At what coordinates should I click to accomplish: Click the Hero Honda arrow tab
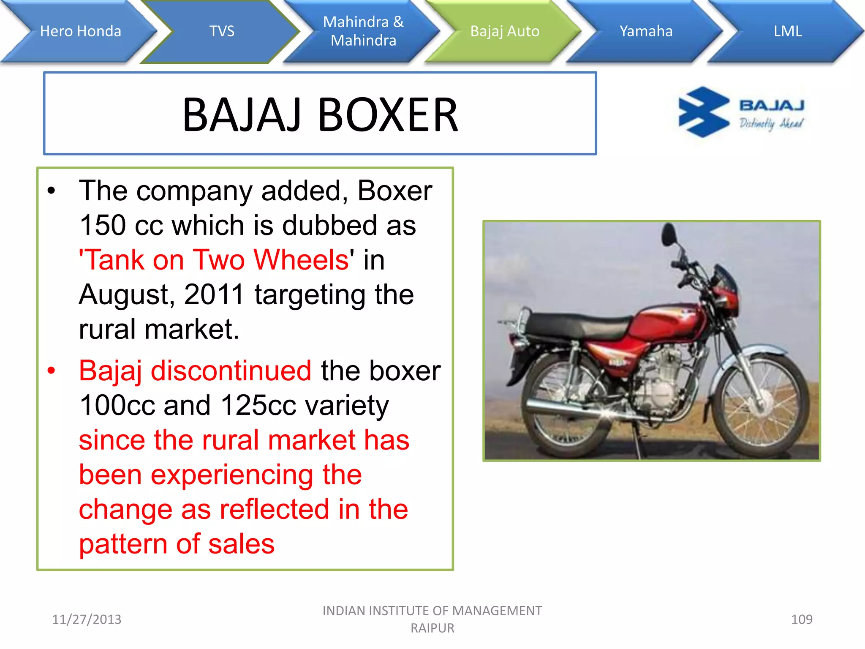tap(80, 31)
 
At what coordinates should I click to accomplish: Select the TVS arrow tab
tap(222, 31)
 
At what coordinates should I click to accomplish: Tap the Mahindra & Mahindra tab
tap(363, 31)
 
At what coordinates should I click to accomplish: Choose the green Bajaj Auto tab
tap(505, 31)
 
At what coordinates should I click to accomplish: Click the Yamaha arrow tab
tap(646, 31)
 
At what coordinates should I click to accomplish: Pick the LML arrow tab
tap(787, 31)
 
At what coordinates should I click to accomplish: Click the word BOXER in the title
tap(387, 115)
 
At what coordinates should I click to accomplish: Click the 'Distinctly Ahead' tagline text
tap(771, 123)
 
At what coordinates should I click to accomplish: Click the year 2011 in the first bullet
tap(214, 294)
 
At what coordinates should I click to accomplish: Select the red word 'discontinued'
tap(231, 371)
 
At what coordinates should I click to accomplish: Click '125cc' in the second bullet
tap(258, 405)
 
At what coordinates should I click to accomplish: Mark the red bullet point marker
tap(51, 371)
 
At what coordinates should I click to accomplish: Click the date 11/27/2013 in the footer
tap(87, 619)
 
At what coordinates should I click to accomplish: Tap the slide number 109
tap(801, 619)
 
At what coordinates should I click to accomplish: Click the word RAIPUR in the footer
tap(432, 628)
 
